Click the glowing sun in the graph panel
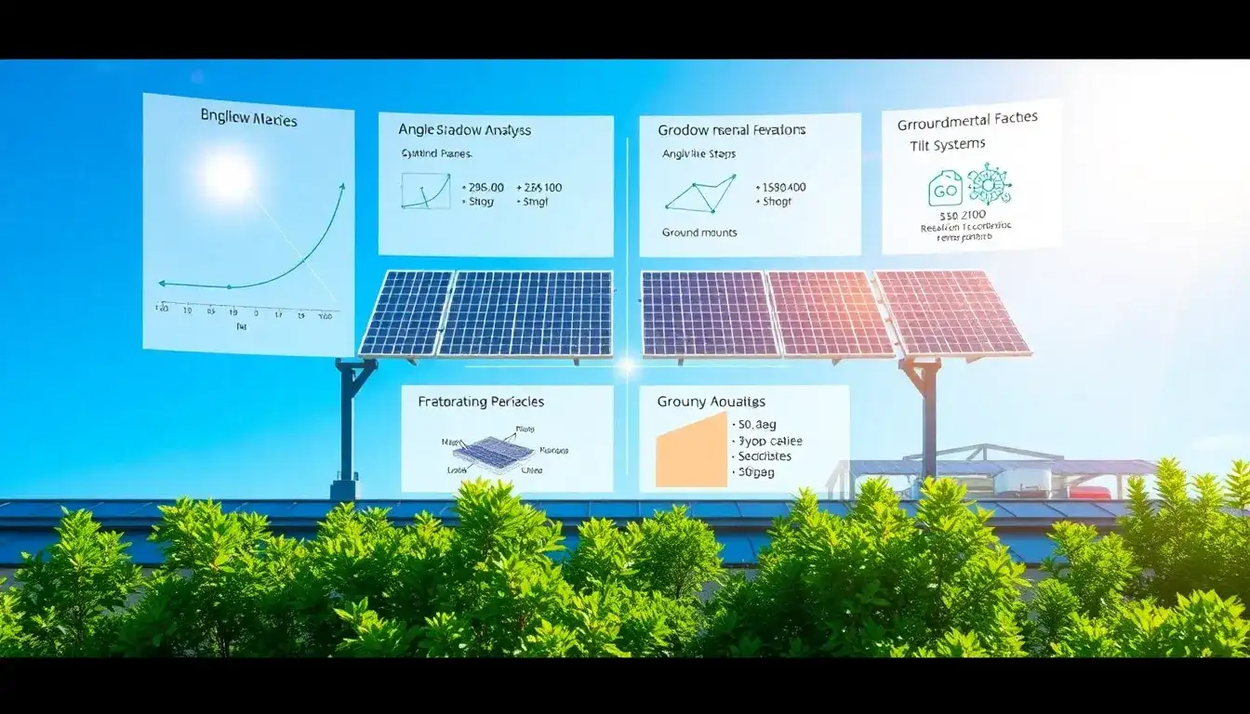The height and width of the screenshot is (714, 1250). [229, 177]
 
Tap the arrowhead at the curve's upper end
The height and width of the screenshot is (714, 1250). [341, 187]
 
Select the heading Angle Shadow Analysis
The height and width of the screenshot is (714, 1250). [464, 130]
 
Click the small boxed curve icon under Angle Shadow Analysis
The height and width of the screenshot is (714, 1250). [424, 190]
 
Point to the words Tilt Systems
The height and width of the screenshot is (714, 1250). [948, 145]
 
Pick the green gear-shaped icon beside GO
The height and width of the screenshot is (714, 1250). [989, 184]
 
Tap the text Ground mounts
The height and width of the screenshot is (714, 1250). [699, 232]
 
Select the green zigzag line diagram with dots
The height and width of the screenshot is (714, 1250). [700, 192]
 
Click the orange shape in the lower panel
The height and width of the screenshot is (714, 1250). [690, 451]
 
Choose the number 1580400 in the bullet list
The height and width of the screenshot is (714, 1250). [784, 187]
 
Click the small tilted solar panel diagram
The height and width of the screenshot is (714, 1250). [495, 451]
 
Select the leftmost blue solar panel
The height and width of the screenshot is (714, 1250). [406, 312]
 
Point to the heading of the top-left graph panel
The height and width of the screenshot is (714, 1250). [247, 118]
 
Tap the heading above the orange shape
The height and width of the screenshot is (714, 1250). [711, 402]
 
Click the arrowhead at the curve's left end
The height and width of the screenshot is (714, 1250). [162, 283]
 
